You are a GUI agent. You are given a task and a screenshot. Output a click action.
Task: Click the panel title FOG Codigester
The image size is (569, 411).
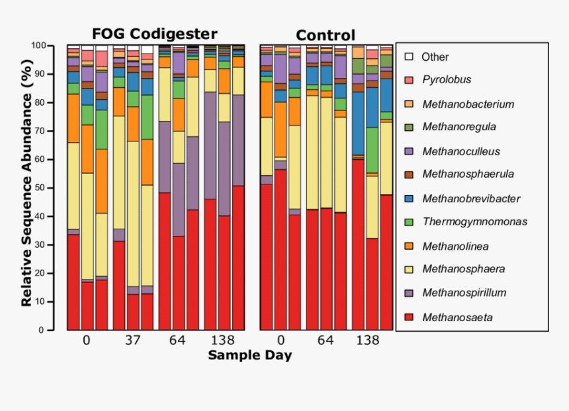pos(154,34)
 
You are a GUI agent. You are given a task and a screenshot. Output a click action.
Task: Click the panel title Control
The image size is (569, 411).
pos(325,36)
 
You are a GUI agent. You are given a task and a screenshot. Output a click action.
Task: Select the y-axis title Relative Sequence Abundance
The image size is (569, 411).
pos(26,187)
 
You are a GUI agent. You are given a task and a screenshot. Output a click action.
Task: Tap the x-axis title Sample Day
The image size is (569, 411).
pos(249,355)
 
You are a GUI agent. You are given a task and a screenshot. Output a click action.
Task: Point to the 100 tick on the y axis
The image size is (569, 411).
pos(41,46)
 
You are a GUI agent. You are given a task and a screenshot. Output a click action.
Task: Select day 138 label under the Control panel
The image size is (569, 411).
pos(368,340)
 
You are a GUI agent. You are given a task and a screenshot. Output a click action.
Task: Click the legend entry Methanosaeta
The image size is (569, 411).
pos(457,318)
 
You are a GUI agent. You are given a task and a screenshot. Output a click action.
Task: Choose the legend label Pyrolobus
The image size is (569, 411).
pos(446,80)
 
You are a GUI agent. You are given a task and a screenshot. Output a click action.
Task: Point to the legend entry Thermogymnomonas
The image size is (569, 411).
pos(474,222)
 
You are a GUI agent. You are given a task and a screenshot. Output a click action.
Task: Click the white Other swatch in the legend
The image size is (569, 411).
pos(409,57)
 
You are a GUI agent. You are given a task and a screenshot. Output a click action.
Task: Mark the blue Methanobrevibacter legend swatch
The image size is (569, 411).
pos(409,198)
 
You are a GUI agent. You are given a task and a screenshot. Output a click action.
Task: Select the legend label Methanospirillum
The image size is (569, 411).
pos(464,293)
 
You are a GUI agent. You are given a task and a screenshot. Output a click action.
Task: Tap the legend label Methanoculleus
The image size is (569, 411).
pos(462,151)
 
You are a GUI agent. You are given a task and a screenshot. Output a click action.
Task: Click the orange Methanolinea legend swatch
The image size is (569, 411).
pos(409,246)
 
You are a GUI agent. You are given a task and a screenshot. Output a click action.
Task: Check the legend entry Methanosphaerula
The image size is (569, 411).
pos(468,174)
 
